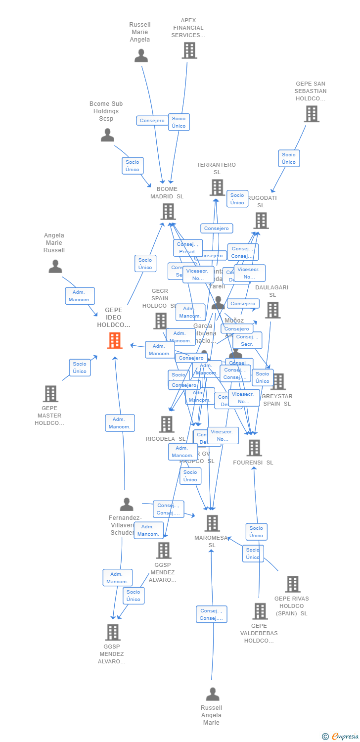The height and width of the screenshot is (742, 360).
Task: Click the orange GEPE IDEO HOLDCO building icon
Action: click(x=115, y=340)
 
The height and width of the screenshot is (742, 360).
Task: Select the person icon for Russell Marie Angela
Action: click(x=141, y=56)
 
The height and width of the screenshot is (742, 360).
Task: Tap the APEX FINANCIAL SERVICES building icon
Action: click(x=189, y=50)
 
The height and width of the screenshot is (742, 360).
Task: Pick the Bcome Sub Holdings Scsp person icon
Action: click(x=107, y=135)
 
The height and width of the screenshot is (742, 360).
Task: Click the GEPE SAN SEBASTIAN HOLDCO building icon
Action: click(x=311, y=114)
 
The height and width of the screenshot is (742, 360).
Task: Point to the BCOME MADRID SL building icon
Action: click(x=168, y=211)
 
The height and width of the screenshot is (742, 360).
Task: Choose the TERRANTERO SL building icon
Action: click(x=217, y=187)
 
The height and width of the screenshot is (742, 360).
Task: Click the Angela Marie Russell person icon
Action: click(x=55, y=267)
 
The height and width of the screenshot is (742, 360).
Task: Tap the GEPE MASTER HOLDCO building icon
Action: click(x=50, y=394)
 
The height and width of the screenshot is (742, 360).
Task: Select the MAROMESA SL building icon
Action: click(x=212, y=523)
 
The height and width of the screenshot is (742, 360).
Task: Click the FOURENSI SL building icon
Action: click(x=254, y=448)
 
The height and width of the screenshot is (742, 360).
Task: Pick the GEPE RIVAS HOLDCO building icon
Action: click(x=292, y=584)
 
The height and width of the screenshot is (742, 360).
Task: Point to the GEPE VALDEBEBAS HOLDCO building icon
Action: click(x=260, y=611)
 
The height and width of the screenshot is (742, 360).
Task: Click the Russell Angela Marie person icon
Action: click(x=212, y=694)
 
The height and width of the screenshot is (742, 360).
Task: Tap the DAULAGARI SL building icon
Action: click(x=272, y=310)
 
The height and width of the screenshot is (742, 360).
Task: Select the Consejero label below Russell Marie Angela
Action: click(x=152, y=121)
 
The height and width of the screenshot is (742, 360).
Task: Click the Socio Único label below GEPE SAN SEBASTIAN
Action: click(x=289, y=158)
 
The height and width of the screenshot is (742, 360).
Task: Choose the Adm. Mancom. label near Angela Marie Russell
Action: click(x=80, y=296)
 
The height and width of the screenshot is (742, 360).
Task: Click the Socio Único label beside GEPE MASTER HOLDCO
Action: click(x=80, y=368)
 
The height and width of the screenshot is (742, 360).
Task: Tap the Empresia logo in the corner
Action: click(x=341, y=737)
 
